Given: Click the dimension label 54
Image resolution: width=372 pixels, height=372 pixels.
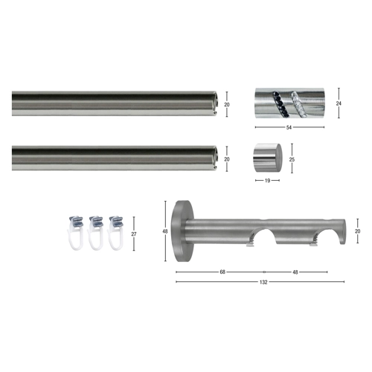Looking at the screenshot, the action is coord(289,127).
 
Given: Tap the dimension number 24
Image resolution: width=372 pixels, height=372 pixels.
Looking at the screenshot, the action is coord(339,103).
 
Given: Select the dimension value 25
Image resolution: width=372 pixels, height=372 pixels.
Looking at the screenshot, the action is coord(292,159).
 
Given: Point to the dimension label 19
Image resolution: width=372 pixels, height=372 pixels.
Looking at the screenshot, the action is coord(267,181).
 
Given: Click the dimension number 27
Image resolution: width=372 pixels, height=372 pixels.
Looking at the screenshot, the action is coord(134,234).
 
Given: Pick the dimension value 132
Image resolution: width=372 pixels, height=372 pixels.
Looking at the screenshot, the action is coord(263,282).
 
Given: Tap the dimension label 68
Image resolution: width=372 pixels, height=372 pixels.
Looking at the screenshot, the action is coord(222,272).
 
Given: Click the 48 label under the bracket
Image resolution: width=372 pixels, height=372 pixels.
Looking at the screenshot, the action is coord(295,272).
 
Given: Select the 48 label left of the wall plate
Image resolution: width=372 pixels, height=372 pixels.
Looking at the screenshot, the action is coord(165,231).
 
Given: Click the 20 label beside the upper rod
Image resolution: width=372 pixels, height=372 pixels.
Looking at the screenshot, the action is coord(227,105).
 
